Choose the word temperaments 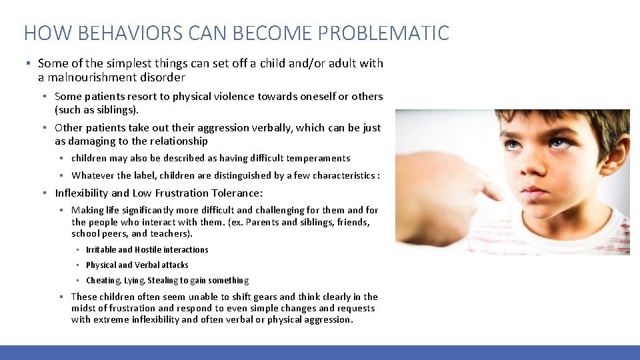318,158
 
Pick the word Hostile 148,249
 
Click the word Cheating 103,281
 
